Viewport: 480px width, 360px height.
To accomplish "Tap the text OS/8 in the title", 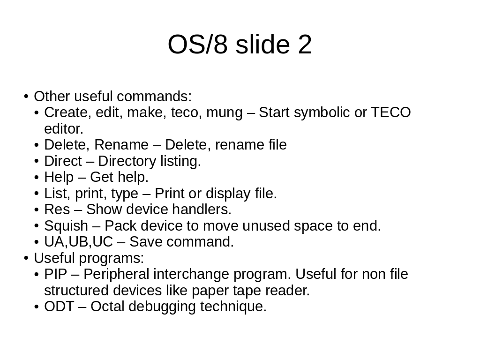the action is (198, 45).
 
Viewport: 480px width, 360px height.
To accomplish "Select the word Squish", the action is (66, 226).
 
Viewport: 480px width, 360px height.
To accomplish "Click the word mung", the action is (225, 113).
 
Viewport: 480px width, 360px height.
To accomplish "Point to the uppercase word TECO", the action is (391, 112).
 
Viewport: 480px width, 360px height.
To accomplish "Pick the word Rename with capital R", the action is (121, 145).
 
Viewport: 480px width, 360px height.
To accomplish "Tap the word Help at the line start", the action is (59, 177).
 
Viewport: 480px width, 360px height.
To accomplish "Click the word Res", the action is (57, 210).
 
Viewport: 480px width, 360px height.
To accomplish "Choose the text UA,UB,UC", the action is (79, 242).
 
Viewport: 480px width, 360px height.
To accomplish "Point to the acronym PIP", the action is (55, 274).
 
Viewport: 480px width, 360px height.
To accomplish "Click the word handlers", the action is (202, 210).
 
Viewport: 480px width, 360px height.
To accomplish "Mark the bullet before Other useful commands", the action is (26, 97).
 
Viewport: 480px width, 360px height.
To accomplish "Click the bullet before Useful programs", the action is (26, 258).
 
